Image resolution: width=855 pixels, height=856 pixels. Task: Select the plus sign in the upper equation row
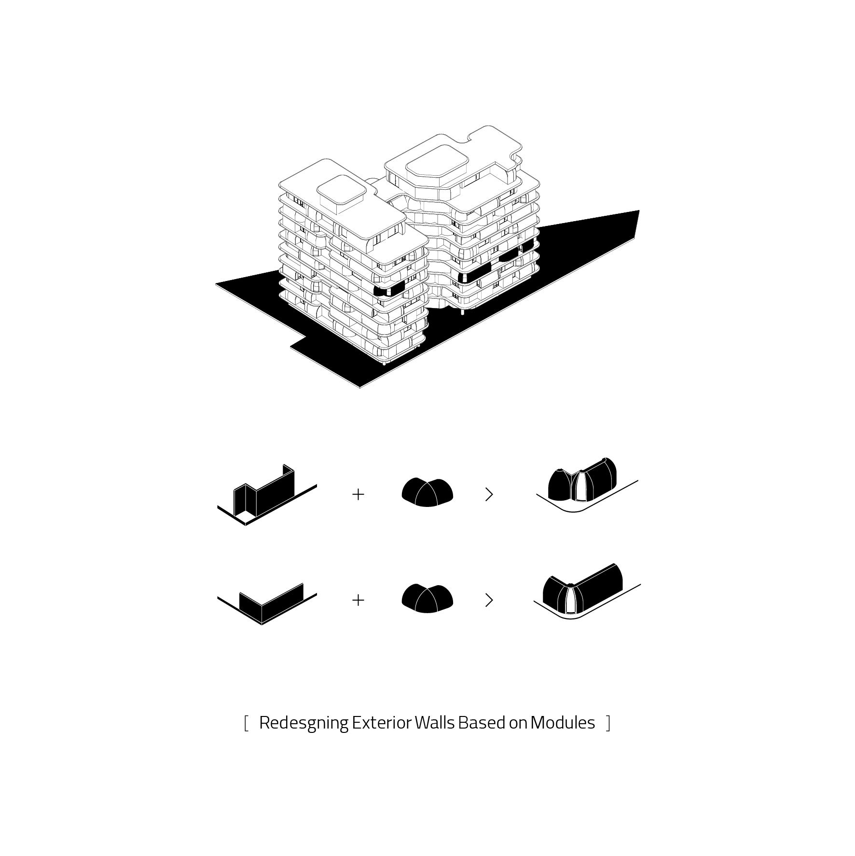tap(358, 494)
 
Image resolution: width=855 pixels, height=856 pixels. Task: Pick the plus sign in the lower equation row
tap(358, 600)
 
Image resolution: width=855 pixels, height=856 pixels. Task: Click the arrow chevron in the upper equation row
tap(489, 494)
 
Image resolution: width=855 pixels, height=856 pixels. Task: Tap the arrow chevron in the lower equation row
tap(489, 600)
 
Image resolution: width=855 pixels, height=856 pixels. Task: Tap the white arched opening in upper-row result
tap(580, 488)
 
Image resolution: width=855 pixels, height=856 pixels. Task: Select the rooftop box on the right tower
tap(437, 167)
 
